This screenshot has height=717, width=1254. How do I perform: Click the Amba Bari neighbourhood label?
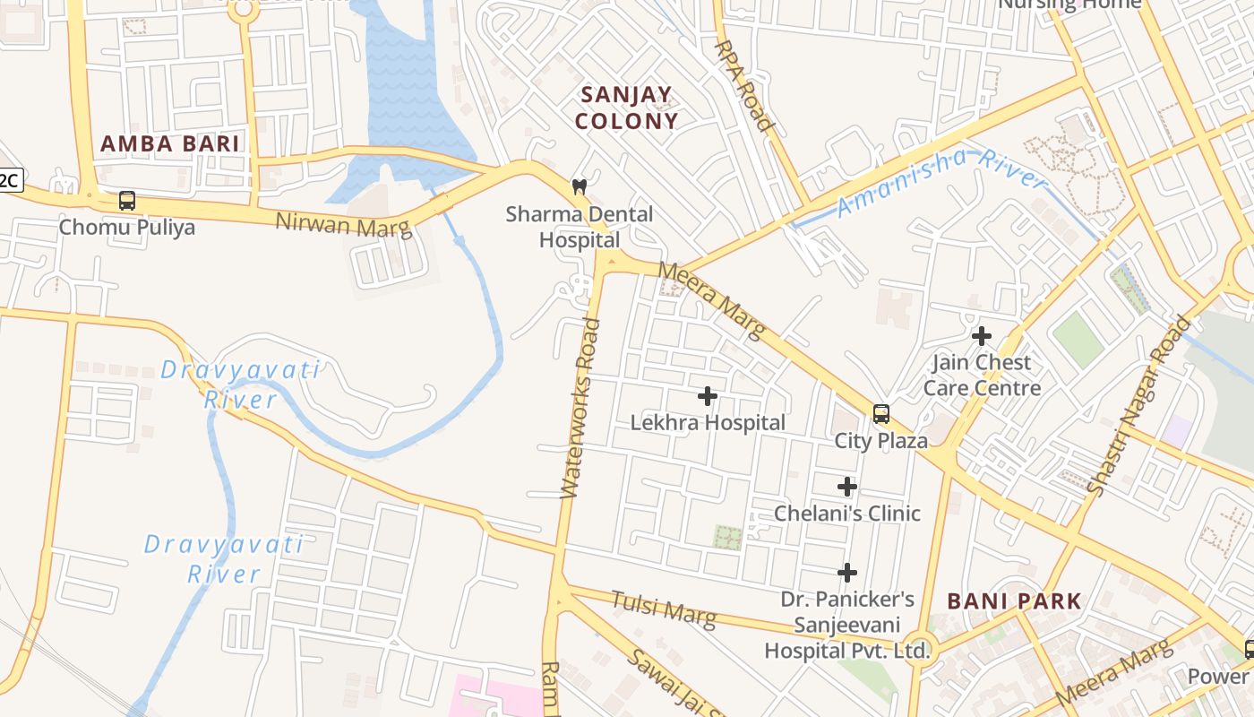(x=169, y=143)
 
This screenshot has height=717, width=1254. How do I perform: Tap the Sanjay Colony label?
(x=626, y=108)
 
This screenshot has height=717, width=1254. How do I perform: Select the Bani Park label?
(x=1014, y=600)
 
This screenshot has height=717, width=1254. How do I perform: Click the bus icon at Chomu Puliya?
(x=127, y=201)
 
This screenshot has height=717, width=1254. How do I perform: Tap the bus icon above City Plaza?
(x=881, y=414)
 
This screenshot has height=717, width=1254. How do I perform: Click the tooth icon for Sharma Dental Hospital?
(x=580, y=187)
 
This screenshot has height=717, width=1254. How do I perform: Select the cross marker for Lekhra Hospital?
(x=708, y=395)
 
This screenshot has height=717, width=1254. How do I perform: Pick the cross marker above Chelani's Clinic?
(x=847, y=487)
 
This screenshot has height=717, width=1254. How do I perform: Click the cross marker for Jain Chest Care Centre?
(x=982, y=336)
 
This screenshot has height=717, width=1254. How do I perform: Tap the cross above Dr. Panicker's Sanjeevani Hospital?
(x=847, y=572)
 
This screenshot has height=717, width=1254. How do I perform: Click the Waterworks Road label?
(x=580, y=408)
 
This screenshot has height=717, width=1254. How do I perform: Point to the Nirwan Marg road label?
(x=344, y=224)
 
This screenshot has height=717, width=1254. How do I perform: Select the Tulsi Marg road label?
(x=664, y=609)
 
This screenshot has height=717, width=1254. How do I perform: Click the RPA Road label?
(x=743, y=85)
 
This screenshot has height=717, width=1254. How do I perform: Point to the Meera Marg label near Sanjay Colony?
(x=712, y=300)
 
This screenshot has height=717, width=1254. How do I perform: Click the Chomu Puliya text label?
(x=126, y=227)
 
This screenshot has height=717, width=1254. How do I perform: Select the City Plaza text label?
(x=881, y=441)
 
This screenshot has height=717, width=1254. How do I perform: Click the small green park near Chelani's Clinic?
(x=726, y=538)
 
